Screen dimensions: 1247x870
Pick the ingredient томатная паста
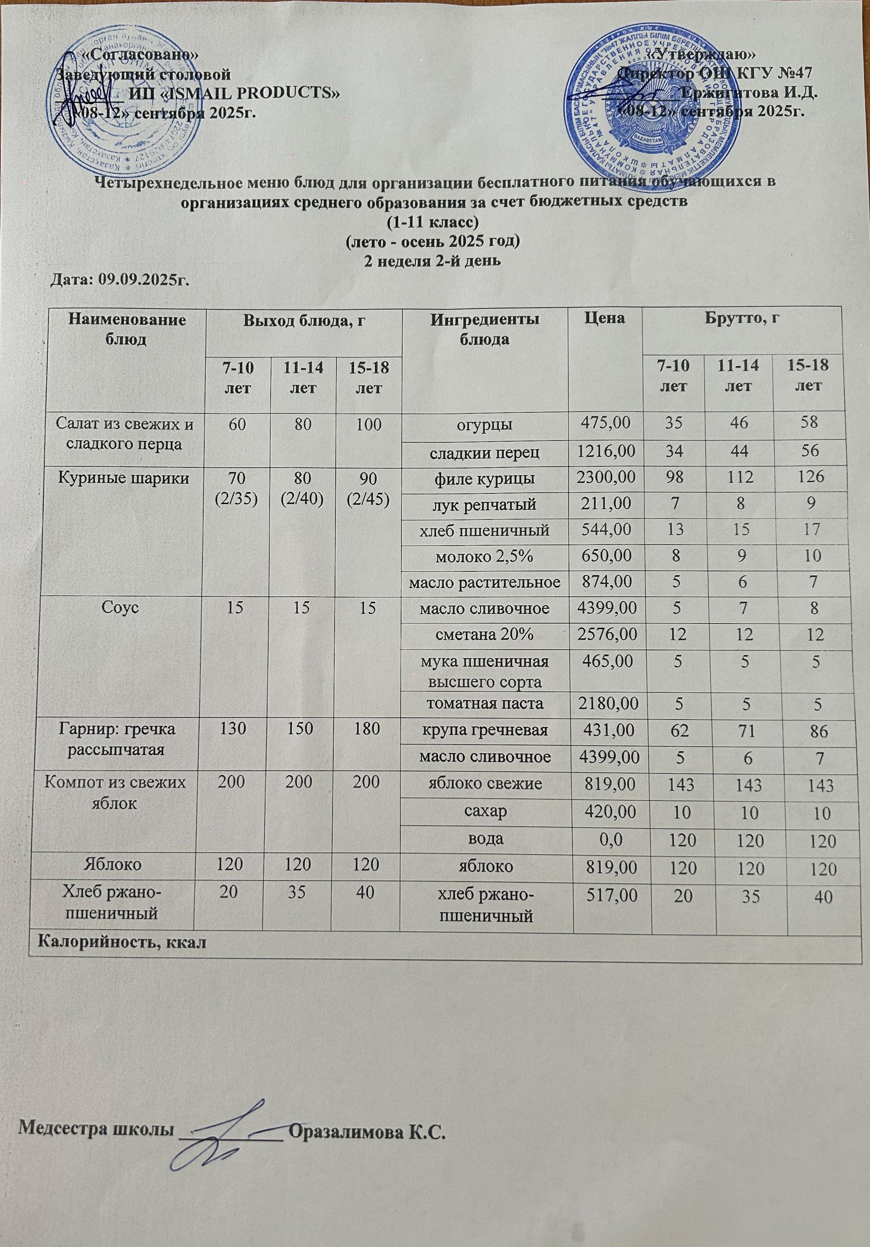pyautogui.click(x=485, y=703)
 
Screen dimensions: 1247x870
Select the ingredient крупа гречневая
pyautogui.click(x=485, y=730)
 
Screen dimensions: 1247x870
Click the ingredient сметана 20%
pyautogui.click(x=485, y=634)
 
